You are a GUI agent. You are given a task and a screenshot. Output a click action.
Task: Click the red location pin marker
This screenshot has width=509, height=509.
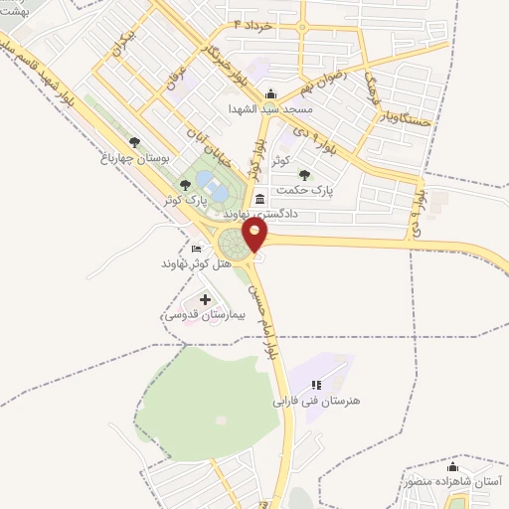click(x=255, y=235)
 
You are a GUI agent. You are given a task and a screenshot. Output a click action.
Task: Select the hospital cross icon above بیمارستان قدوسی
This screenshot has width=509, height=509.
click(x=206, y=298)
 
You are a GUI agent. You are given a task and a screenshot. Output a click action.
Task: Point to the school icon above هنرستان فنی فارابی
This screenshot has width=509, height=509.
click(x=316, y=385)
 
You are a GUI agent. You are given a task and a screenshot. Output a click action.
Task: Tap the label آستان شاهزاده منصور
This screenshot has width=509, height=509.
click(x=453, y=481)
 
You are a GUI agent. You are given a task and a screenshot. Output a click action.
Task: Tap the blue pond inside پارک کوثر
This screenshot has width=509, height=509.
click(x=210, y=182)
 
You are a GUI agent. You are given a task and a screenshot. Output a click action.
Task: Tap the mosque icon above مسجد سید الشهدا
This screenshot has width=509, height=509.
click(x=270, y=93)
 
